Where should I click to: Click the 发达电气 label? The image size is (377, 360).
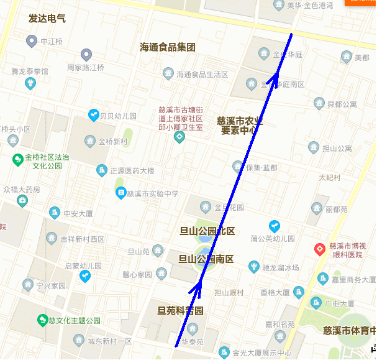tap(47, 19)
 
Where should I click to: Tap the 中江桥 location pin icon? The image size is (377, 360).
tap(31, 42)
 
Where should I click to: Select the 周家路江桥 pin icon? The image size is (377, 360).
tap(87, 55)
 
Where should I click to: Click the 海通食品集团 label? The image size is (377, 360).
tap(168, 47)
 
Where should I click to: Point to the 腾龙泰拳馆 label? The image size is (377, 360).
tap(29, 72)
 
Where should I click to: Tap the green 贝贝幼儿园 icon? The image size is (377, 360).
tap(93, 115)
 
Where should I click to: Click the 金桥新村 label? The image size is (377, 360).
tap(113, 141)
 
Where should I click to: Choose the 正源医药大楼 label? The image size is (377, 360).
tap(132, 170)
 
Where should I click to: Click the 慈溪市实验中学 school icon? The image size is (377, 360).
tap(120, 193)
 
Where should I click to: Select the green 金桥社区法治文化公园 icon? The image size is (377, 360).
tap(17, 159)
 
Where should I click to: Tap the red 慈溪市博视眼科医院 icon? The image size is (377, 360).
tap(320, 249)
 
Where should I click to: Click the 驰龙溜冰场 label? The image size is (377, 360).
tap(281, 267)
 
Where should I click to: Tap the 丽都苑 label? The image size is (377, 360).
tap(336, 210)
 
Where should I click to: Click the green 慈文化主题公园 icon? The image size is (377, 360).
tap(43, 321)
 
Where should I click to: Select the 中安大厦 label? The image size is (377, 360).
tap(78, 213)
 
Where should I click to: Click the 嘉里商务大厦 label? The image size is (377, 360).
tap(352, 279)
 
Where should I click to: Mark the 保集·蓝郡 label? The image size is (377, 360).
tap(261, 167)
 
